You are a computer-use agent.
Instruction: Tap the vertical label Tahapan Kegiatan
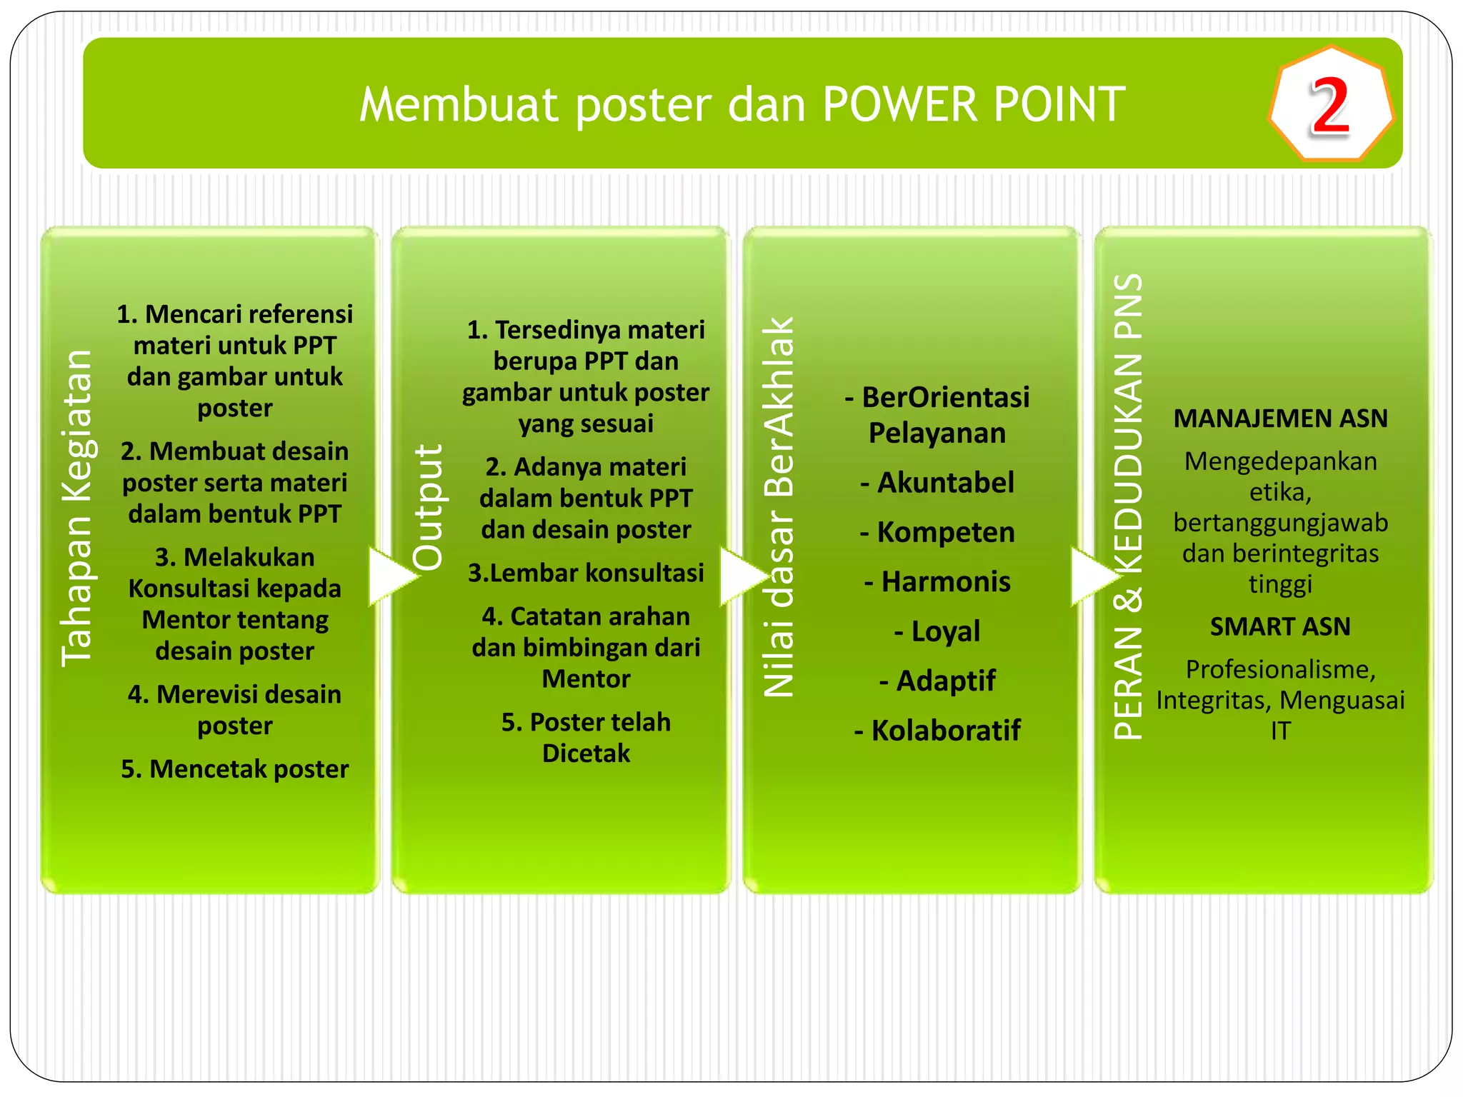click(76, 509)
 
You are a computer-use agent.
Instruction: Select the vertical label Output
click(428, 507)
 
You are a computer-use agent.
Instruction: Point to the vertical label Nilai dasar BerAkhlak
click(779, 507)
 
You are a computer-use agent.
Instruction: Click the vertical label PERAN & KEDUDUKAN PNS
click(1129, 507)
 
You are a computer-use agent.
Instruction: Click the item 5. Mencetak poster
click(234, 769)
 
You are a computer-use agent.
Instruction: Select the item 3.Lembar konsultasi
click(586, 573)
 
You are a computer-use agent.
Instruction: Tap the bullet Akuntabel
click(937, 483)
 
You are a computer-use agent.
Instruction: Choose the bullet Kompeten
click(937, 532)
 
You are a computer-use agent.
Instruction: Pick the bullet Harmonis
click(937, 581)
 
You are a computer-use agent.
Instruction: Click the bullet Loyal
click(937, 631)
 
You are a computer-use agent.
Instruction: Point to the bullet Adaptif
click(937, 681)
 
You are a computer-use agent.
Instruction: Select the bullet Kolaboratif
click(937, 731)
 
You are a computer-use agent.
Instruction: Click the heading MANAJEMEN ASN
click(1280, 419)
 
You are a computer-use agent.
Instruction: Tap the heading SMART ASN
click(1280, 626)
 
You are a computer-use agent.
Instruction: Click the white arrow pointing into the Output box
click(391, 576)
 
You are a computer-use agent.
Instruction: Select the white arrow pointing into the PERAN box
click(1093, 576)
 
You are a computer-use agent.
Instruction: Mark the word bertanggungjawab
click(1280, 523)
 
